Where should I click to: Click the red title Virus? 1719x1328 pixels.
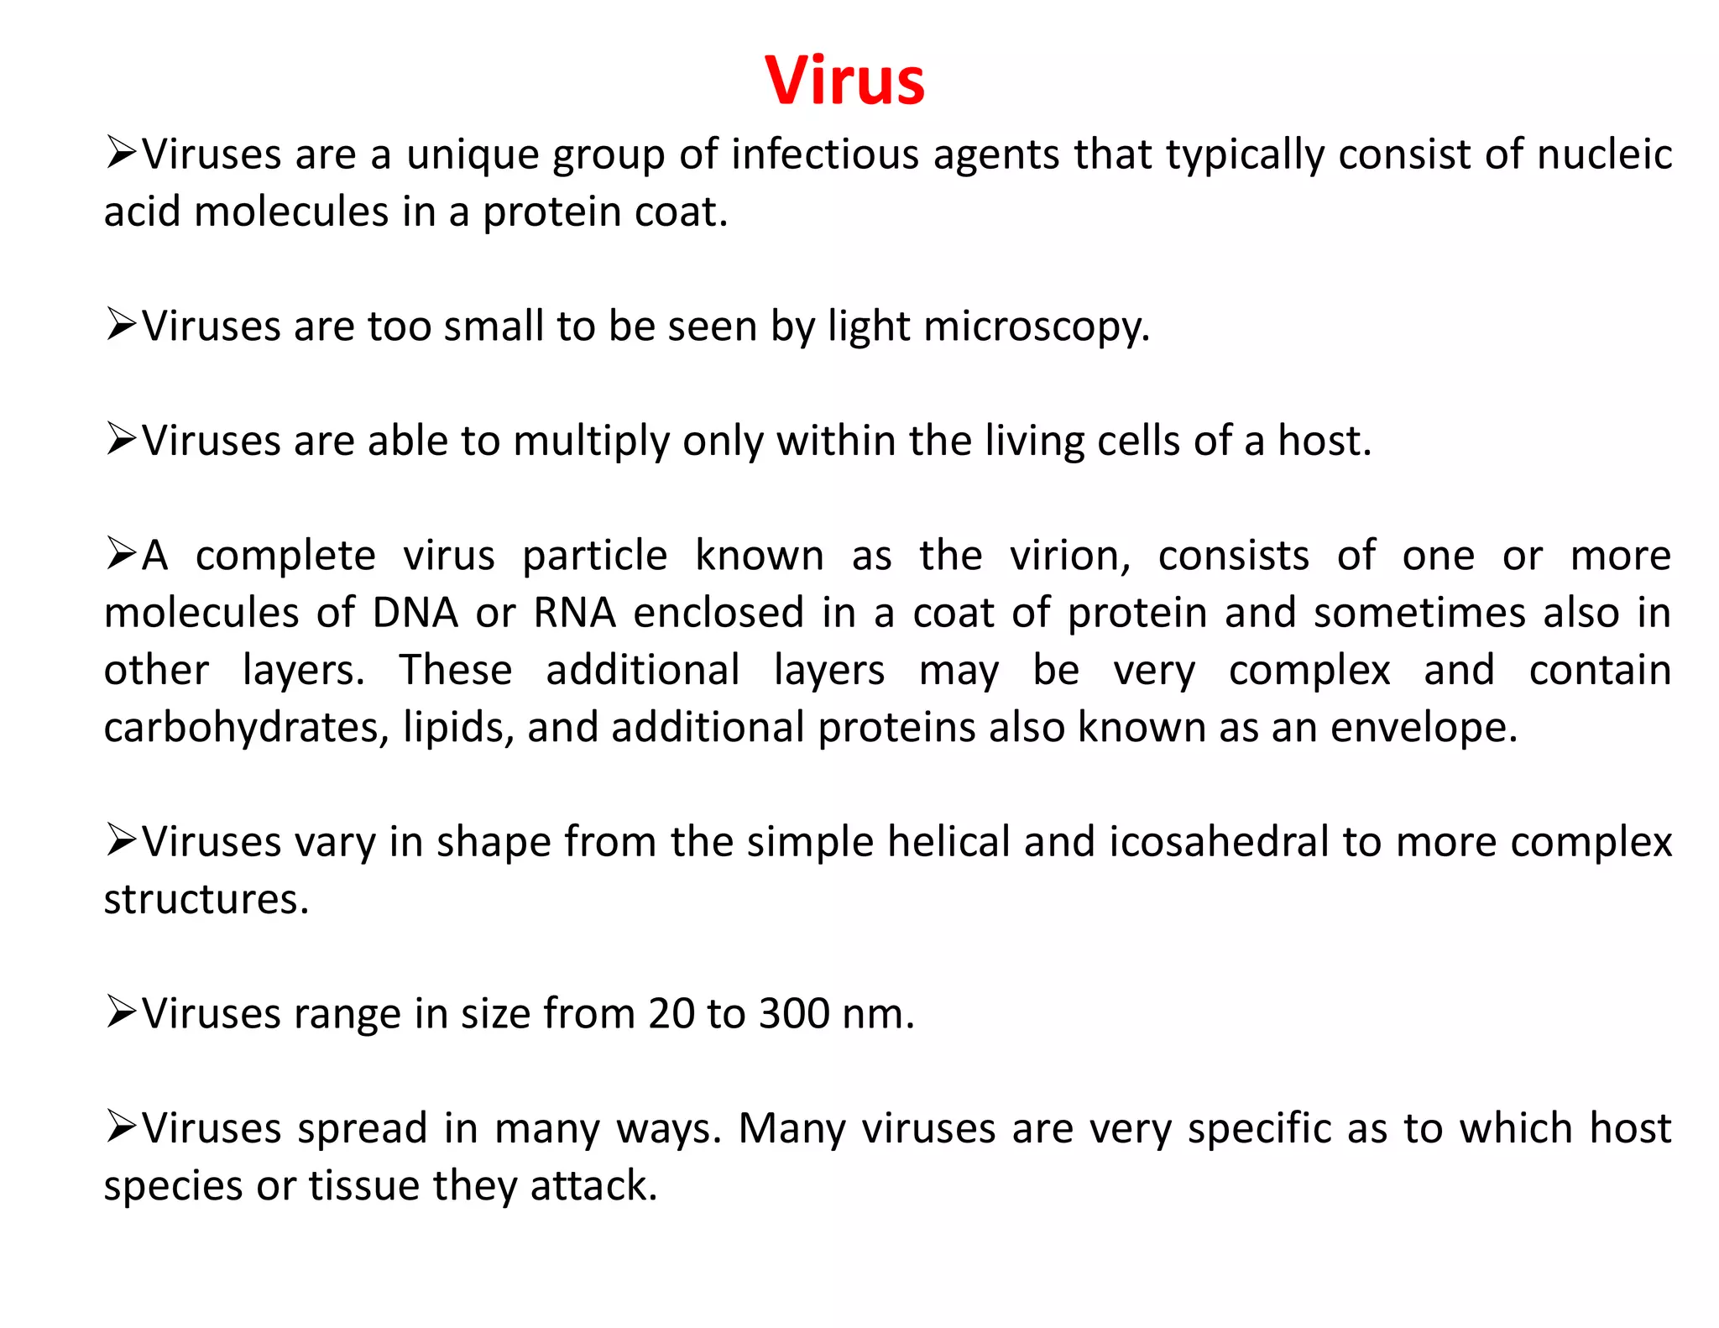[844, 81]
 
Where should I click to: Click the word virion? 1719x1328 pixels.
[1068, 556]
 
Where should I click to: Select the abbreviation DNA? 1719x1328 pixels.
[415, 613]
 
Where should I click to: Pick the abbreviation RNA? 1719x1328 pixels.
[574, 613]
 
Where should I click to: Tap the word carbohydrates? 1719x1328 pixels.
[246, 728]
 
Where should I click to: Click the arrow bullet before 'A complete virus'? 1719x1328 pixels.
[121, 554]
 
